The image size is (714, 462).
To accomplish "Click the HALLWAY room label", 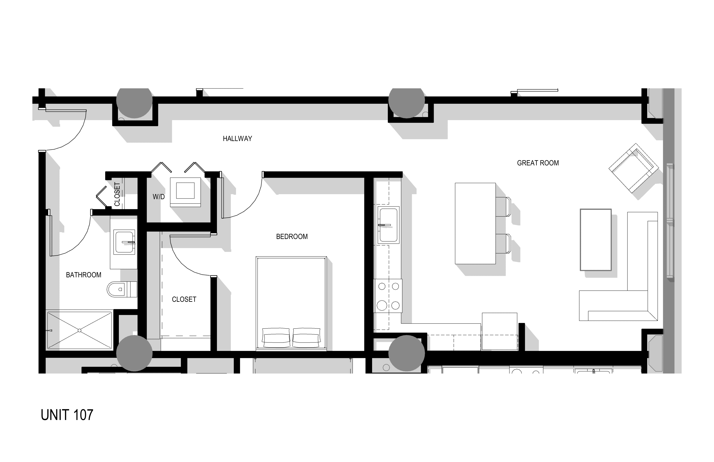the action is click(237, 139).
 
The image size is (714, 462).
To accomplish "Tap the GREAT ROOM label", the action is click(538, 163).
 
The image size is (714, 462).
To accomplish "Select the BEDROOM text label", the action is click(292, 237).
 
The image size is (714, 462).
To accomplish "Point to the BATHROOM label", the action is click(84, 275).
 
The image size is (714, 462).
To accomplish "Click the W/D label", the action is click(159, 197).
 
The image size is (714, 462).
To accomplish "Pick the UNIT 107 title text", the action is click(67, 415).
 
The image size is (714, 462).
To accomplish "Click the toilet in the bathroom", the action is click(122, 289).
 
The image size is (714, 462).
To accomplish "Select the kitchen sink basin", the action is click(388, 224).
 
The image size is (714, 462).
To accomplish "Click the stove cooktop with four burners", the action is click(388, 296).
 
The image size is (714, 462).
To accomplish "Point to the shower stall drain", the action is click(80, 331).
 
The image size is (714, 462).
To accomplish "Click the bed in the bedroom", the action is click(291, 303).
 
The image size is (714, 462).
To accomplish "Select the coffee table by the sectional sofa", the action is click(596, 240).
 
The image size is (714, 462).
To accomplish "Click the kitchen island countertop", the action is click(475, 223).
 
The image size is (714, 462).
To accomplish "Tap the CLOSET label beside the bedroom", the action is click(184, 299).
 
